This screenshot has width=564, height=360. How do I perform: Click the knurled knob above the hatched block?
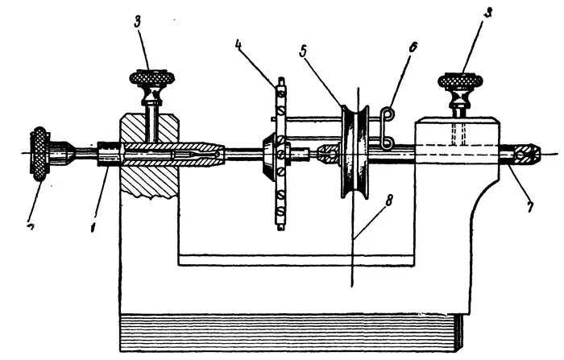[151, 81]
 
